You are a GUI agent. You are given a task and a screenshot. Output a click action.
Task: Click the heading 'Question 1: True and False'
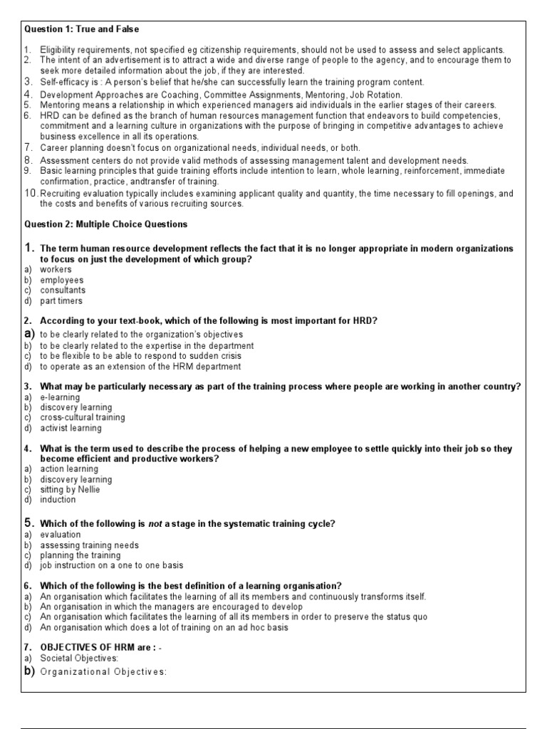tap(82, 29)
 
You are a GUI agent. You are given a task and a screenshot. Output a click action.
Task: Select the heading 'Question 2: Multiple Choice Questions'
tap(106, 224)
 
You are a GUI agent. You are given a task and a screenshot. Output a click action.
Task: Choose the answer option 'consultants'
tap(63, 290)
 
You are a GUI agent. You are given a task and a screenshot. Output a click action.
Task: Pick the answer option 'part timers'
tap(61, 301)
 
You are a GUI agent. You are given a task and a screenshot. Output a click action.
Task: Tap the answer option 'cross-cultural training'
tap(82, 417)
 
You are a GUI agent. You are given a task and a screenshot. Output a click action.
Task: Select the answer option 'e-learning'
tap(61, 397)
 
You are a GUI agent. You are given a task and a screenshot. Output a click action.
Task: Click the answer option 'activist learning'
tap(71, 429)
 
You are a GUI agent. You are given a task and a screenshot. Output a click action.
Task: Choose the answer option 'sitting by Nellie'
tap(70, 490)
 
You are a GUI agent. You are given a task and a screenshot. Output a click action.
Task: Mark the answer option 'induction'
tap(58, 500)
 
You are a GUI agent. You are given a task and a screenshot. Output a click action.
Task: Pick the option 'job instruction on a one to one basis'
tap(111, 565)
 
